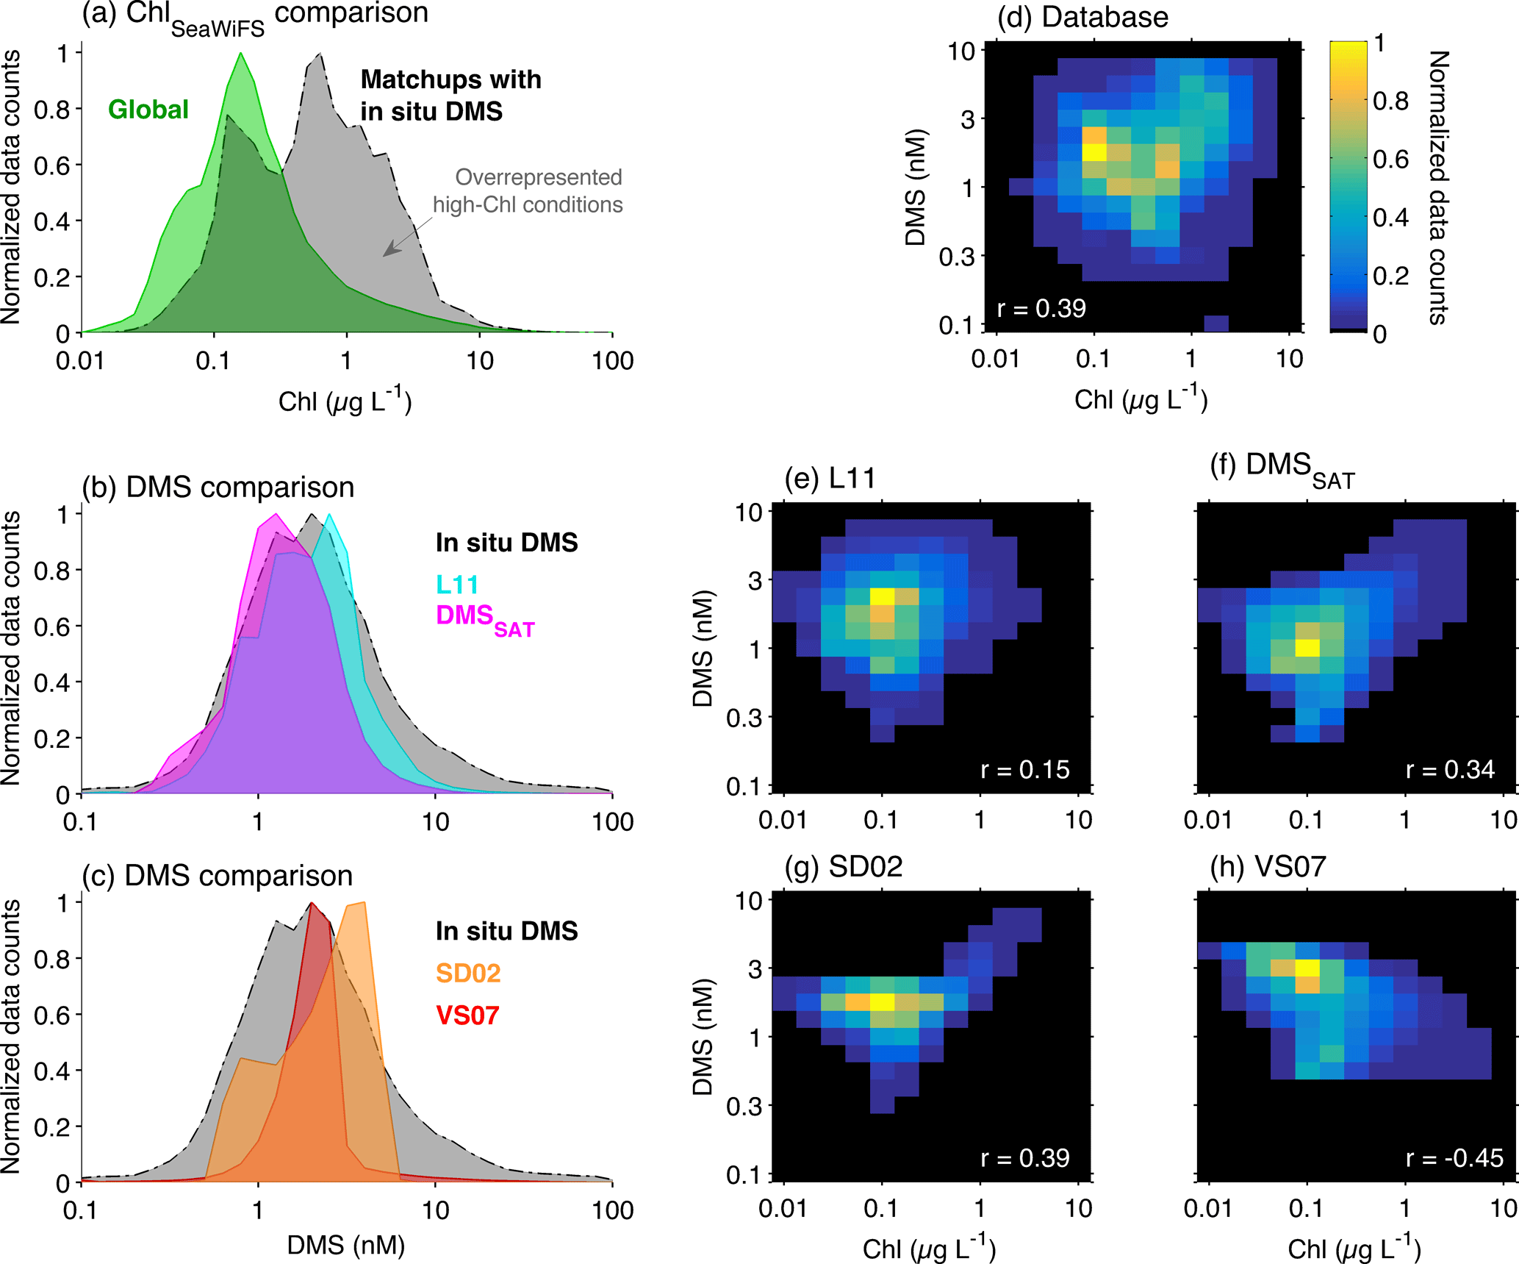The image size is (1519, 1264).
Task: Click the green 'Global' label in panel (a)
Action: [148, 110]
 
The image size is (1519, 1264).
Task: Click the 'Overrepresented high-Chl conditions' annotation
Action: [528, 191]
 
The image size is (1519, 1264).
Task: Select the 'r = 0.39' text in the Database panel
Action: [1041, 308]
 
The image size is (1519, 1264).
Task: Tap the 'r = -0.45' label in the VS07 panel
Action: [1454, 1158]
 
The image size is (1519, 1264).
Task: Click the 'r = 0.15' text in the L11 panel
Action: [1025, 770]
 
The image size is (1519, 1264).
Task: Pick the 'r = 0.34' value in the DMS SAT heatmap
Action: [1450, 770]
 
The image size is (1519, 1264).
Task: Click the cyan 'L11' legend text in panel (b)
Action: [457, 585]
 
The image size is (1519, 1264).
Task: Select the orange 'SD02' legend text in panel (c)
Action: [468, 973]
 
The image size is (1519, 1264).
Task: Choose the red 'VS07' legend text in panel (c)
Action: [468, 1015]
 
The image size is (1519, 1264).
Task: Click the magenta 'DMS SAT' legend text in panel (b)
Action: [485, 618]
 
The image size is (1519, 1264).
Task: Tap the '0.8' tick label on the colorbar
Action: [1391, 101]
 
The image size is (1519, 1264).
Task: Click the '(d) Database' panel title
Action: [1082, 17]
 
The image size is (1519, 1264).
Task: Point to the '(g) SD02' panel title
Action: [844, 867]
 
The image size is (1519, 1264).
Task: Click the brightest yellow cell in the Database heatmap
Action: [1094, 152]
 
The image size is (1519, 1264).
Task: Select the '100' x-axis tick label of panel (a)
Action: [613, 361]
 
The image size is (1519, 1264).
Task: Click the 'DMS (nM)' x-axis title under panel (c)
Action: [346, 1245]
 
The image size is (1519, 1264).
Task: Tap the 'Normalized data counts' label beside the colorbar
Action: [1438, 188]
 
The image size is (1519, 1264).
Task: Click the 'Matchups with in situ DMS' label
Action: [450, 95]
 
